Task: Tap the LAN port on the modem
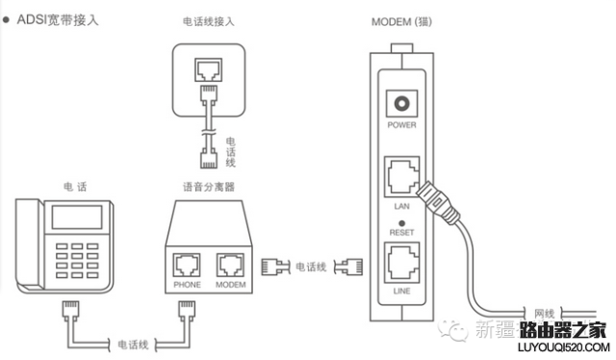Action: pyautogui.click(x=398, y=177)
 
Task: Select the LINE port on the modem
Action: pyautogui.click(x=398, y=261)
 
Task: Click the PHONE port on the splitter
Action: pyautogui.click(x=187, y=264)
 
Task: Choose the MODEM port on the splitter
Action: pyautogui.click(x=231, y=264)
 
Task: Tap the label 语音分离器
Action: pyautogui.click(x=209, y=186)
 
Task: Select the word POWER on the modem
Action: pyautogui.click(x=399, y=126)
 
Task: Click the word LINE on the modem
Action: pyautogui.click(x=399, y=288)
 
